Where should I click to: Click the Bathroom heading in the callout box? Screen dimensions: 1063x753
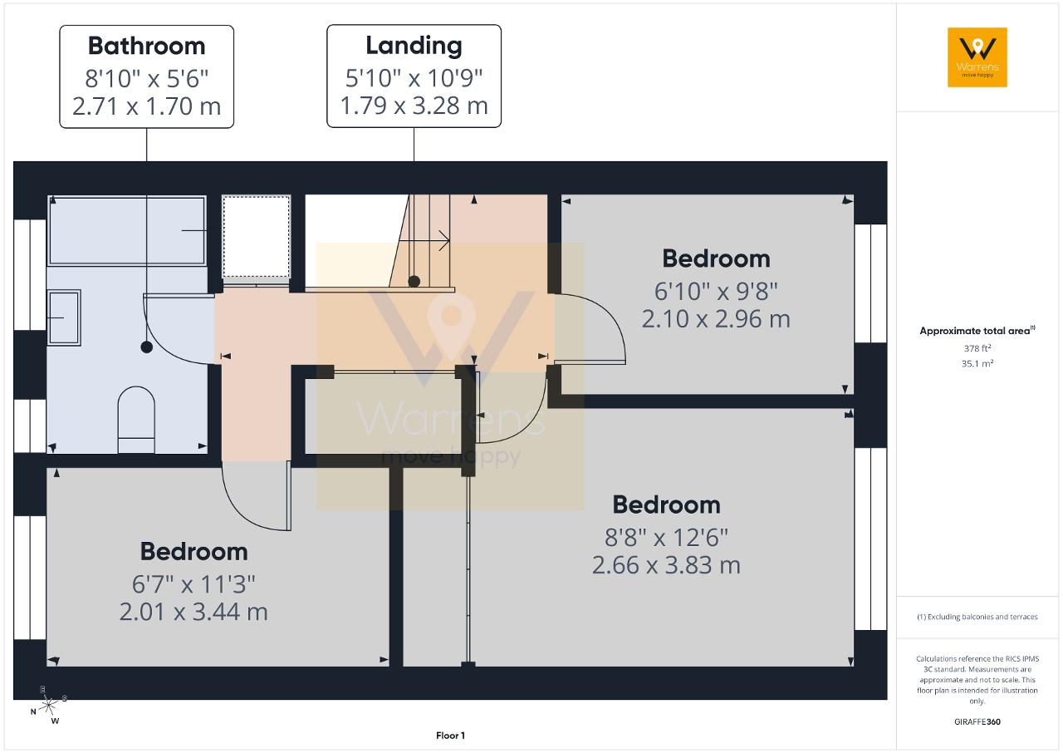point(147,46)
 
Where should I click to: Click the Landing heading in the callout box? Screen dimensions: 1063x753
point(414,47)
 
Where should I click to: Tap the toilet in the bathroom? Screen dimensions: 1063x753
point(136,420)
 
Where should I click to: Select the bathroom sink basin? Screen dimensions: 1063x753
point(64,317)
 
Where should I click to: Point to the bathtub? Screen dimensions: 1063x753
point(127,231)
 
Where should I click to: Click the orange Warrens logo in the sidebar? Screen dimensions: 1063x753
point(977,57)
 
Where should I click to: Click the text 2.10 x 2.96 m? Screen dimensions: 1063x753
point(716,319)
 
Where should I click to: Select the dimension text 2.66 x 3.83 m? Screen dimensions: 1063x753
point(666,565)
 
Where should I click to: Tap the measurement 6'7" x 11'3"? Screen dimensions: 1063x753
point(193,584)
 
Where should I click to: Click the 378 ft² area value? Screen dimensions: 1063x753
point(977,348)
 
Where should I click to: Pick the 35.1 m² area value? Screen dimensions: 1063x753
point(977,363)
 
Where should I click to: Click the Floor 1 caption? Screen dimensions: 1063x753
point(450,736)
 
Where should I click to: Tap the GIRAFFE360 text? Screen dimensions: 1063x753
point(977,721)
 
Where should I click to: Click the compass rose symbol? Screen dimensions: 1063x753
point(48,706)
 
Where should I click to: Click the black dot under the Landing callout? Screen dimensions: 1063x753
point(414,281)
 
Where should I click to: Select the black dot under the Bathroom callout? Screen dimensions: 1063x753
point(147,347)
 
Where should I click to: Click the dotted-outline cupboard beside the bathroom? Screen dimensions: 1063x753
point(257,236)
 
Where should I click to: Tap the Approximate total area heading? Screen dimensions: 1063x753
point(977,331)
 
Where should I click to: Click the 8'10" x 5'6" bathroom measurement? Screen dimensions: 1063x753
point(147,79)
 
